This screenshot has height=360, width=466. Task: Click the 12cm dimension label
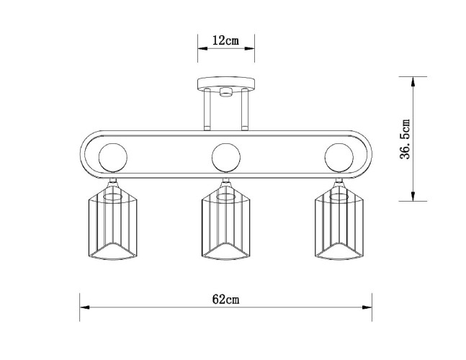pyautogui.click(x=226, y=41)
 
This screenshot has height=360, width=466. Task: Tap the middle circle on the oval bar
pyautogui.click(x=225, y=156)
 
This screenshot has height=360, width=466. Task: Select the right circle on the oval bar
pyautogui.click(x=339, y=156)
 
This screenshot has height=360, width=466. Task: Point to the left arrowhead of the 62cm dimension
pyautogui.click(x=84, y=307)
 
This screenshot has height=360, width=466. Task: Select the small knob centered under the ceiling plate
pyautogui.click(x=225, y=91)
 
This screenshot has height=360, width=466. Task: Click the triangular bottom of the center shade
pyautogui.click(x=225, y=251)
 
